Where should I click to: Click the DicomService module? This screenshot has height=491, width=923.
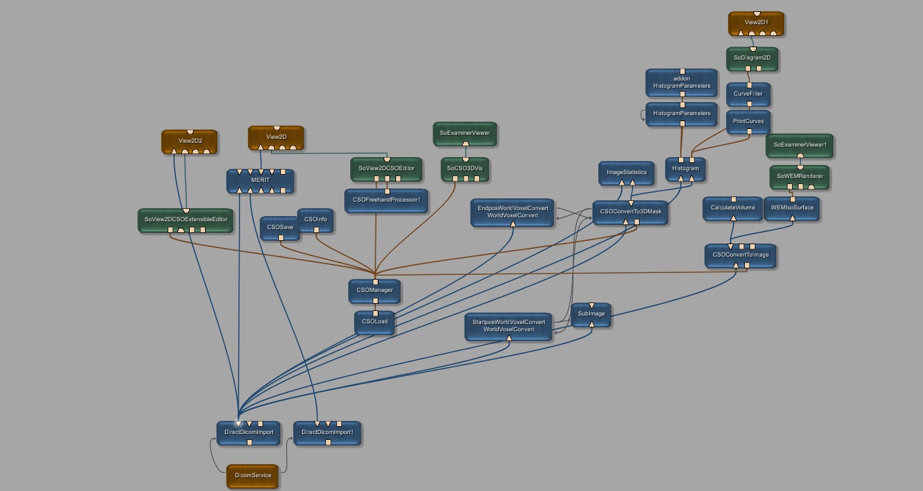pos(253,475)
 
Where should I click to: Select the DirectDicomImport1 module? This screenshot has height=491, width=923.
pos(327,433)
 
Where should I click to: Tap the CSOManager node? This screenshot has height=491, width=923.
pos(374,290)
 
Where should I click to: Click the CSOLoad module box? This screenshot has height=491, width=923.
pos(374,321)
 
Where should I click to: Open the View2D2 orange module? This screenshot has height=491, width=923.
pos(190,141)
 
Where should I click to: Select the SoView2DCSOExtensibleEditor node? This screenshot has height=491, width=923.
pos(186,220)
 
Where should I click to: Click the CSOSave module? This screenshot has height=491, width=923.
pos(280,227)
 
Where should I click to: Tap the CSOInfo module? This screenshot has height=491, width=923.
pos(316,219)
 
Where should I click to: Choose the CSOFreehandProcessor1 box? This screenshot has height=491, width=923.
pos(386,200)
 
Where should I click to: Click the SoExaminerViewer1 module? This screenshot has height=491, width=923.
pos(800,145)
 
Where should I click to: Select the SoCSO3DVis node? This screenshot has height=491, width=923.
pos(465,169)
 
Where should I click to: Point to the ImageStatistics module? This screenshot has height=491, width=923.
pos(626,173)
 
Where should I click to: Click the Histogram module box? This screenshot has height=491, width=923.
pos(685,169)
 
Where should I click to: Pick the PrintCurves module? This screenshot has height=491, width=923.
pos(748,122)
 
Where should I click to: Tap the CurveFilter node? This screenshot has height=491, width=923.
pos(748,94)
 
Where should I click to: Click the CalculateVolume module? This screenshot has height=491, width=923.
pos(733,208)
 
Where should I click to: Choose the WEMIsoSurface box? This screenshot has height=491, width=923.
pos(792,208)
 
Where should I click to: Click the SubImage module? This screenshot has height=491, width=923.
pos(591,314)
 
